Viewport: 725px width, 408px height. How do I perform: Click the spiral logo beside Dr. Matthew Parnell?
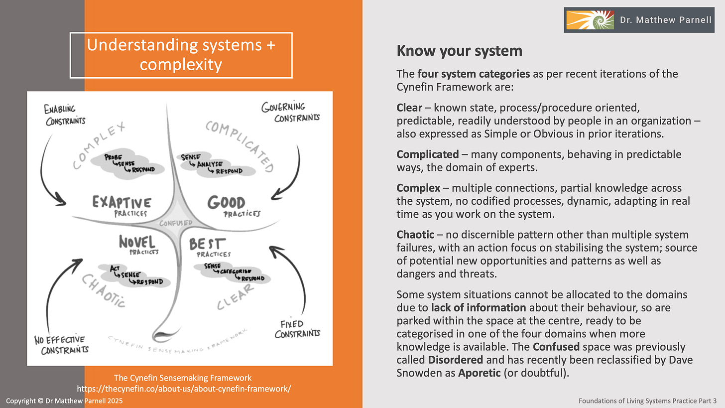pos(589,20)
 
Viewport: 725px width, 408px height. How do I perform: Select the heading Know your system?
pos(459,51)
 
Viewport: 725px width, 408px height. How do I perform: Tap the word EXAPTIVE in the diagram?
pos(121,203)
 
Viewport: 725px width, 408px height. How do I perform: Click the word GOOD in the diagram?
pos(226,203)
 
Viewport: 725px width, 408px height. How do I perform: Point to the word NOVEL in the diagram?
pos(137,242)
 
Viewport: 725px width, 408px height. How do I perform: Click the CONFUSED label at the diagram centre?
pos(176,223)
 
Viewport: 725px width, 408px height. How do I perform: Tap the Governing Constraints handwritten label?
pos(290,112)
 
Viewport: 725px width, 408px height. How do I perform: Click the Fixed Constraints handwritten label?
pos(297,329)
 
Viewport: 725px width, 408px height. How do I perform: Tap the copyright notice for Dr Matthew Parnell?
pos(63,401)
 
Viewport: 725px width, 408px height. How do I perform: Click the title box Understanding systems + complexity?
pos(181,55)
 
